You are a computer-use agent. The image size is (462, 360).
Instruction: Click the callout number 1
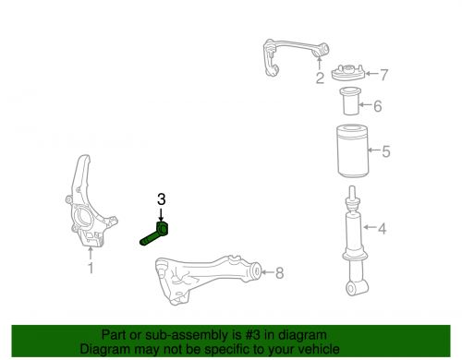[x=91, y=269]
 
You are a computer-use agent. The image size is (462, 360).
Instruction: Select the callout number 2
[x=319, y=79]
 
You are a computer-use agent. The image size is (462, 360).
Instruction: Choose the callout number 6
[x=377, y=105]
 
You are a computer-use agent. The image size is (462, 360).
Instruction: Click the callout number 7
[x=384, y=74]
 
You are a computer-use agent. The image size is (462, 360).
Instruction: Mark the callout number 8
[x=280, y=272]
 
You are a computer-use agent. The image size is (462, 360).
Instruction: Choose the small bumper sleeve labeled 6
[x=350, y=103]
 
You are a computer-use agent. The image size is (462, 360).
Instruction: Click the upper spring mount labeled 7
[x=346, y=72]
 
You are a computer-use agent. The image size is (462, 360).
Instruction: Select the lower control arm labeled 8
[x=203, y=276]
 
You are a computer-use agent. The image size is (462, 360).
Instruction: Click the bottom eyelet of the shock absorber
[x=355, y=290]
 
